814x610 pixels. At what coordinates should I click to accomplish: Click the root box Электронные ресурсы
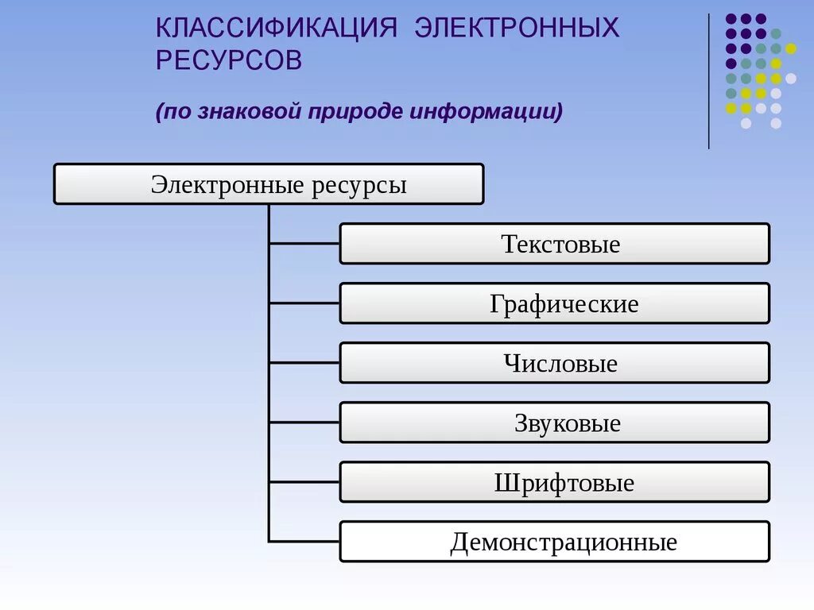click(x=268, y=184)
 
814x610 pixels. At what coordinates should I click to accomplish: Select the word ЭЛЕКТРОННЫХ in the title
click(x=517, y=28)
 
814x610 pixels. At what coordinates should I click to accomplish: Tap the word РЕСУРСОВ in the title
click(x=229, y=61)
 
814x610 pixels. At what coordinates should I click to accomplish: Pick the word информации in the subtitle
click(x=486, y=111)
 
